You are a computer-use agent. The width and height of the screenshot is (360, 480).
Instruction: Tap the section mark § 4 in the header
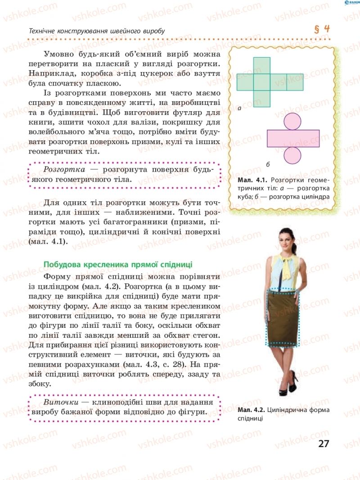[322, 29]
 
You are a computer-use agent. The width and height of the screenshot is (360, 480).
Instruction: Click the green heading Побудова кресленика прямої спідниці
[117, 264]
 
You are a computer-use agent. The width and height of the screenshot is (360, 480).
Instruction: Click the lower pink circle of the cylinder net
[293, 155]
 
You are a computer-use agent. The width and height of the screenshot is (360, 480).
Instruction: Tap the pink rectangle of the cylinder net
[293, 138]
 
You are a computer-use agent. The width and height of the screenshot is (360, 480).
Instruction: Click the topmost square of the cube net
[262, 65]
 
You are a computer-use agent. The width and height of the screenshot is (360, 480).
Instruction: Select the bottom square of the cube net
[262, 99]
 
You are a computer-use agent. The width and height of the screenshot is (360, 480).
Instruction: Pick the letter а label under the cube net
[239, 109]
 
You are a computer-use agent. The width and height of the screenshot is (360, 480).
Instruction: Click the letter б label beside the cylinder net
[267, 163]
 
